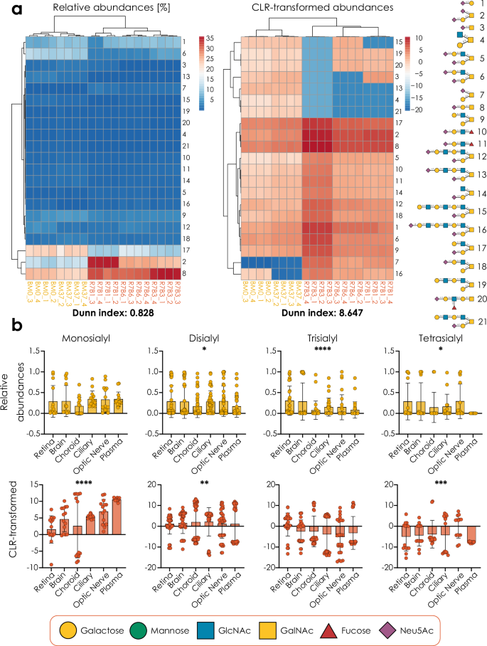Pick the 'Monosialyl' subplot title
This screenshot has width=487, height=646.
point(73,338)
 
